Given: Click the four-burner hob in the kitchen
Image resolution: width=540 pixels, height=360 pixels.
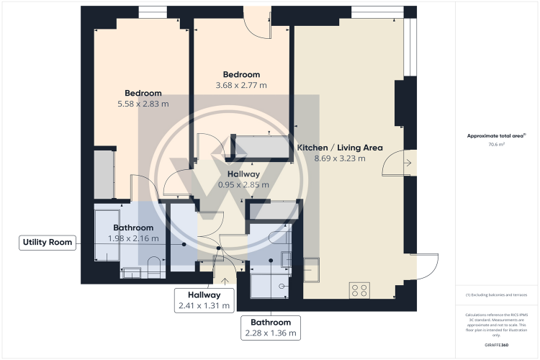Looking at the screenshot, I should pos(360,290).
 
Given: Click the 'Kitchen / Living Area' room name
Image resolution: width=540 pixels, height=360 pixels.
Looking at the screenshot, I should pos(340,148).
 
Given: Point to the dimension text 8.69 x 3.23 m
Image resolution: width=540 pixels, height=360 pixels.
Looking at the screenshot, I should pos(340,158).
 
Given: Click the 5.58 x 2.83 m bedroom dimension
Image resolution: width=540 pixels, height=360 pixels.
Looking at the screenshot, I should pos(143,104).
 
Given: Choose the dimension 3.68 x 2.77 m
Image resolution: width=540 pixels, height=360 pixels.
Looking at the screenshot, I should pos(241,86).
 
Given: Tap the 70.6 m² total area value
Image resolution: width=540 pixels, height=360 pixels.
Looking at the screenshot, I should pos(496,144).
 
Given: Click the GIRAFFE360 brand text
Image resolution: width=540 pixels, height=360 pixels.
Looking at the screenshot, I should pos(496,346).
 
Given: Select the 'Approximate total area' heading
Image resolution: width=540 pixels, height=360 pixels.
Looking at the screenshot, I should pos(495,135).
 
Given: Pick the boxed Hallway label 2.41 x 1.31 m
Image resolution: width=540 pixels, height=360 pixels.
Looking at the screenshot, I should pos(204,300).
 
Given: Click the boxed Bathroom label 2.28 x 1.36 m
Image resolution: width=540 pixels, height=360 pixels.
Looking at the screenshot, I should pos(271,328).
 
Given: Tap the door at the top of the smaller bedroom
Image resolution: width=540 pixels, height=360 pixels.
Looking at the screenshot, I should pos(255,22).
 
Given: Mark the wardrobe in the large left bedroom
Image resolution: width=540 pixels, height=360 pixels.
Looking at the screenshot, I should pos(104,173).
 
